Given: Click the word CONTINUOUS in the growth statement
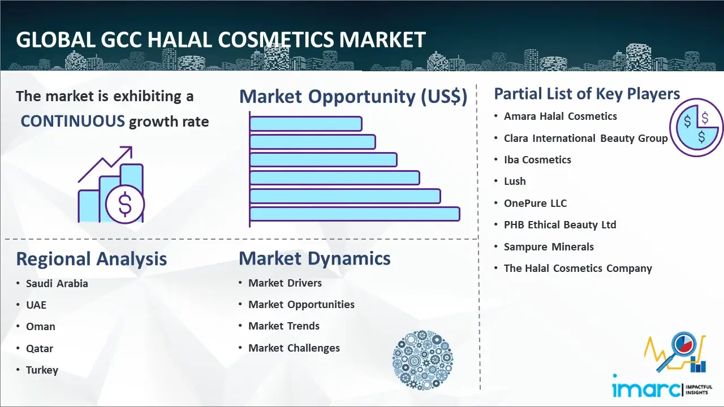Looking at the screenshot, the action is pos(73,122).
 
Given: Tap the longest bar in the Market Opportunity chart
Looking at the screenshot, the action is pos(355,214).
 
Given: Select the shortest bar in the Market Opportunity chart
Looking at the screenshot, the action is pos(306,124).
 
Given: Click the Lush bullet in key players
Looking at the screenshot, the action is pos(515,181).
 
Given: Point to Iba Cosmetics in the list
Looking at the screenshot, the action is pos(537,159).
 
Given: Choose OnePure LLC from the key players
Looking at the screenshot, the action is pos(535,203).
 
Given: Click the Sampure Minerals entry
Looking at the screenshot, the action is pos(549,247).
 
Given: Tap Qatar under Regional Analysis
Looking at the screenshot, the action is pos(40,349).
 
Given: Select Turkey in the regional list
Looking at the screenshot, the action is pos(42,370).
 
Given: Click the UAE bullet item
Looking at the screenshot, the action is pos(36,305).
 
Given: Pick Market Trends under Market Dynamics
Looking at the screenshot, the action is pos(284,326).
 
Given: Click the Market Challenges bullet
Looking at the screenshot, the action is pos(294,348).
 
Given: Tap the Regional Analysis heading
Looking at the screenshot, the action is pos(92,259).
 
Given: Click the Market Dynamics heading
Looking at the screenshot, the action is pos(314,258).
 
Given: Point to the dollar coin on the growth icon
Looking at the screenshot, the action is pos(125,205).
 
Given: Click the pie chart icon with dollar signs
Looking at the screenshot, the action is pos(696,127).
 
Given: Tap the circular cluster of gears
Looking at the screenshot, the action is pos(423,360).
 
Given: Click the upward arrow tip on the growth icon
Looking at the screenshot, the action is pos(132,148).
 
